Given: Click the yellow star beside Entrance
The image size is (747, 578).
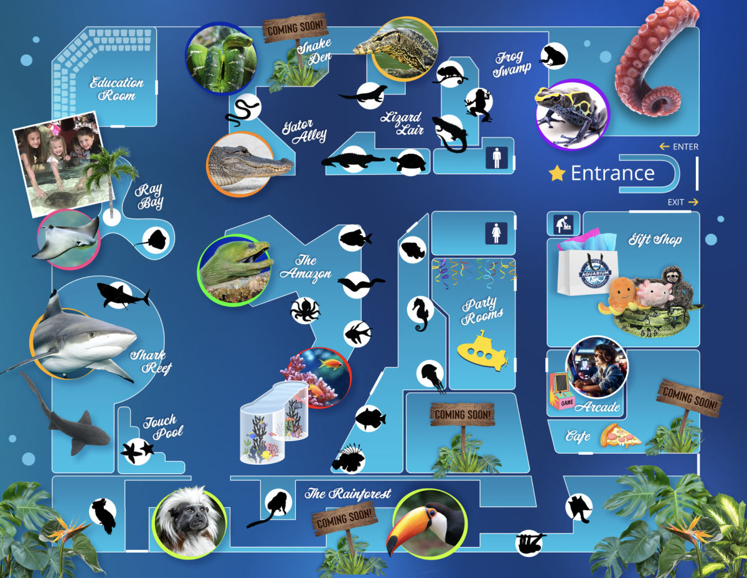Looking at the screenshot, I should pos(557,173).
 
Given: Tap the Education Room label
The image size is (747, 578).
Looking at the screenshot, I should pos(116,89).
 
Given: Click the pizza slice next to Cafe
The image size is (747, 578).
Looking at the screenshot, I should pos(620,436).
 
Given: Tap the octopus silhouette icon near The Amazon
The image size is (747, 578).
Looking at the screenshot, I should pos(305,310).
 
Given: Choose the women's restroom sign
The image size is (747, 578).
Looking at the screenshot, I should pos(497,234).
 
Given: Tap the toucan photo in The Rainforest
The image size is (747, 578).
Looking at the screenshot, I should pos(430,521).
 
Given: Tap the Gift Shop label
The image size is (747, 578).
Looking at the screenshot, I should pos(655,240).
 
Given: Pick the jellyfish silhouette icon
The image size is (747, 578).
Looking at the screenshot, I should pos(430,375).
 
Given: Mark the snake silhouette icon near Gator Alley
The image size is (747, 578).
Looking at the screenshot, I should pos(241,110).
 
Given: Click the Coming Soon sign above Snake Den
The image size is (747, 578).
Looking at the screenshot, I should pos(296,28).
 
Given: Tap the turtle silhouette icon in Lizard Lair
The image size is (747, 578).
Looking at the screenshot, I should pos(409,162).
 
